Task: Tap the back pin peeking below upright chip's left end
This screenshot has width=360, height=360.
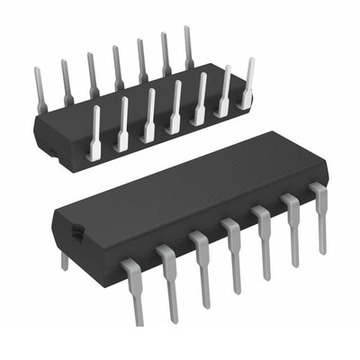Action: coord(64,260)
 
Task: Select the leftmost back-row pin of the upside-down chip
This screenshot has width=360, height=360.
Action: coord(40,85)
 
